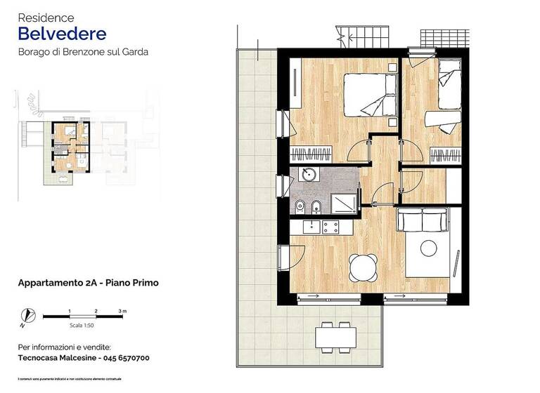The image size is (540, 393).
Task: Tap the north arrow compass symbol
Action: [27, 317]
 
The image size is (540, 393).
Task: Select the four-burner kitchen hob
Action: [331, 227]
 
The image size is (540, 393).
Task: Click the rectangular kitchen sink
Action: [310, 227]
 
